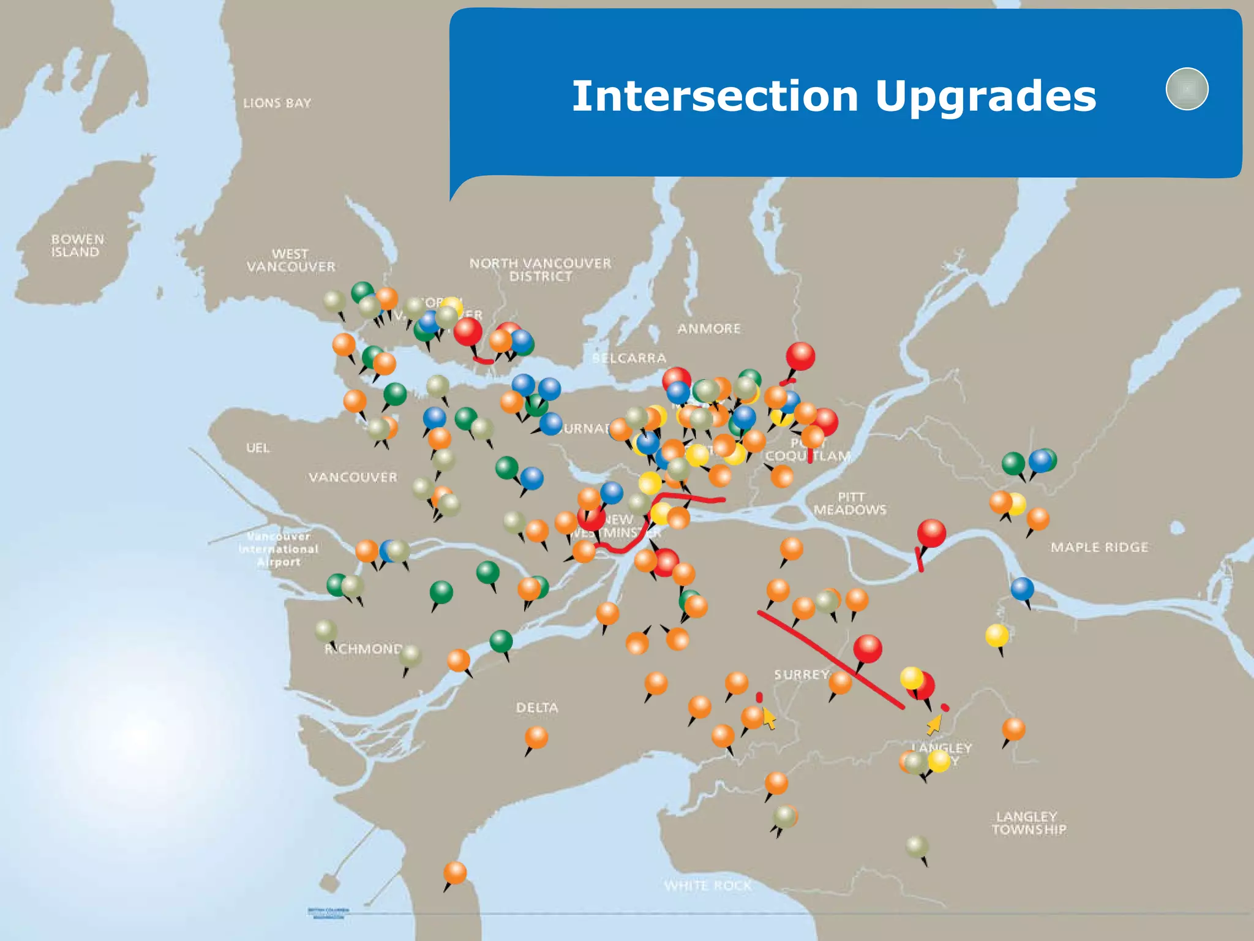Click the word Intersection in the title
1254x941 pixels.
714,96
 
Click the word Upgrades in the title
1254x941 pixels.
985,96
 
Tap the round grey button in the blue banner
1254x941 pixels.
1187,89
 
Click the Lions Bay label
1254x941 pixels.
277,103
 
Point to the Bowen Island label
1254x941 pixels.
77,246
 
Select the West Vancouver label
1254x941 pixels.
291,260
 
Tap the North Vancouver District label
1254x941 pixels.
540,270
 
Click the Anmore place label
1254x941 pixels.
708,329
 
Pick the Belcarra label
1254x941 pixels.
629,358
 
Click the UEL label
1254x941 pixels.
258,448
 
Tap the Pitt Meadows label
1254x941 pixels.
850,504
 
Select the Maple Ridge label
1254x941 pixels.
1099,547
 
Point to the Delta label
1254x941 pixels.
537,708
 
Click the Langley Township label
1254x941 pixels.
1029,823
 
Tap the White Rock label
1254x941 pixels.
707,886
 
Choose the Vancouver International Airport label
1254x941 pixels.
279,550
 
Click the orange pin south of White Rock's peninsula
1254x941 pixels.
454,873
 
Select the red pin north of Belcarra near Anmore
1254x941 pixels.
800,356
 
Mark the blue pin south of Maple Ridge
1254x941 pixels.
1022,589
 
